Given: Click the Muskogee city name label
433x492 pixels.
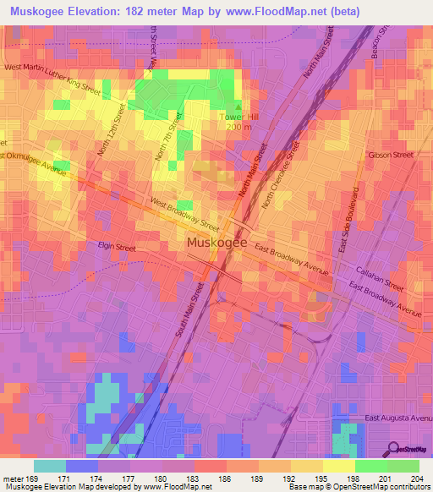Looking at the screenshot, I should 216,243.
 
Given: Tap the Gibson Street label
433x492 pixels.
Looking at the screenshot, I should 390,156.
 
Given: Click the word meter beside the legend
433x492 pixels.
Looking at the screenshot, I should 12,480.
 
